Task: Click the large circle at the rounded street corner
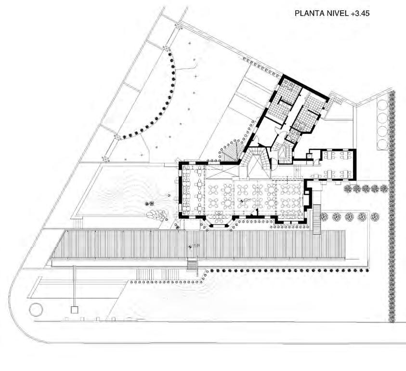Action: point(36,308)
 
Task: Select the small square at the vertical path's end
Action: point(74,310)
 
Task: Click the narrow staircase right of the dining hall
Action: point(316,219)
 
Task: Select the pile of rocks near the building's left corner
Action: point(156,213)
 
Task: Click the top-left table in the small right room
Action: point(330,156)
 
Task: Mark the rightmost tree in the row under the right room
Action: point(384,188)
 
